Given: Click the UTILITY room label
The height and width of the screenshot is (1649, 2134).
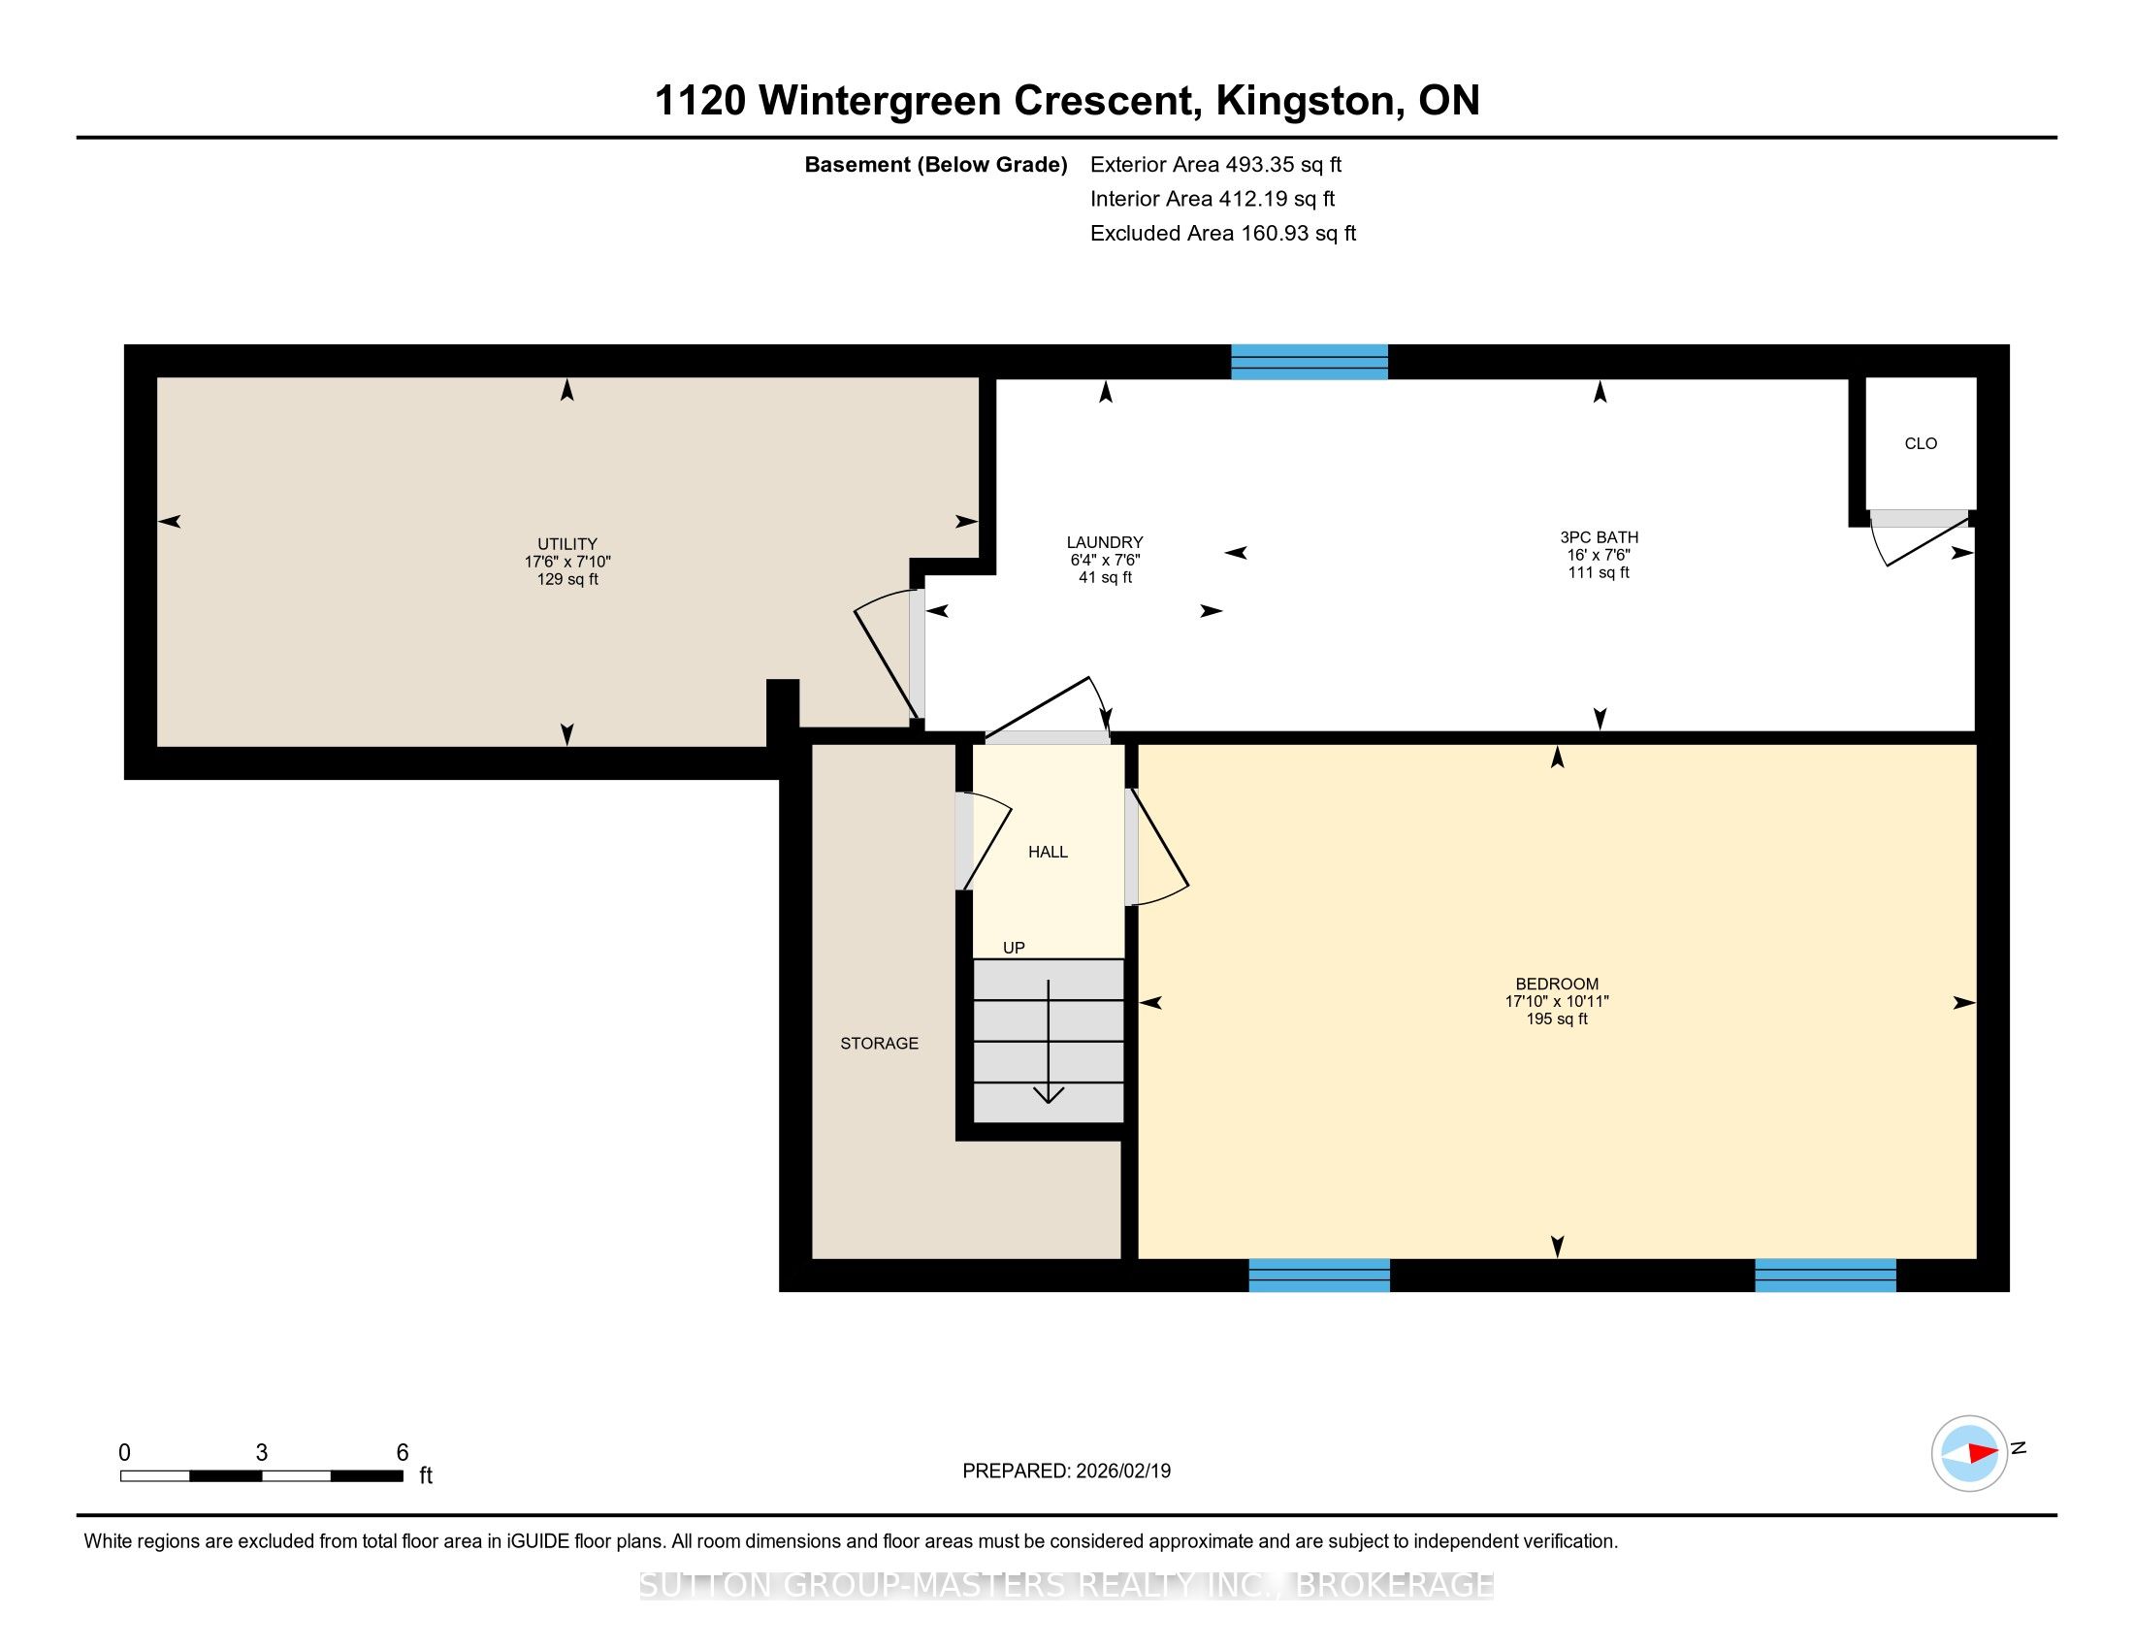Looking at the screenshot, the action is [566, 544].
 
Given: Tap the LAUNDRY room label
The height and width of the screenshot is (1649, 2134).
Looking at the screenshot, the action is [1104, 542].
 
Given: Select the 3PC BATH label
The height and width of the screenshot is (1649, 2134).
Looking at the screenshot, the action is [1599, 537].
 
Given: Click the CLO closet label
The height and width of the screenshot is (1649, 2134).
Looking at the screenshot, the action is [1920, 443].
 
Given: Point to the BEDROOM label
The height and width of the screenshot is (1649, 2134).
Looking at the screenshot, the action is [1557, 984].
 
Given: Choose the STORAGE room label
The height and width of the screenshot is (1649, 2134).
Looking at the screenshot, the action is [880, 1044].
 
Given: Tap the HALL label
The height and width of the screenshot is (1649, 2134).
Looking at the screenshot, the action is [1048, 852].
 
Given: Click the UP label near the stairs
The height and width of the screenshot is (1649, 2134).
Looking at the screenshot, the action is [1014, 948].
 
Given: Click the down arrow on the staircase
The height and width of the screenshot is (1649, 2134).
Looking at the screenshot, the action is [1049, 1042].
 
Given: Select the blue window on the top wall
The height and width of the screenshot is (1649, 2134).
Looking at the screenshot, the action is [1309, 362].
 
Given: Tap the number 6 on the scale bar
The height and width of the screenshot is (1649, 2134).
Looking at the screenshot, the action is [402, 1453].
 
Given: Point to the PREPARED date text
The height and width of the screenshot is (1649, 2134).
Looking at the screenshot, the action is [1066, 1471].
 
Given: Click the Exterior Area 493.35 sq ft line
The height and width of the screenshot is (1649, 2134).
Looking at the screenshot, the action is [1215, 165].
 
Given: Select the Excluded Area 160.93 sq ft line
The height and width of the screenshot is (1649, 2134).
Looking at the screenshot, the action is [1222, 234].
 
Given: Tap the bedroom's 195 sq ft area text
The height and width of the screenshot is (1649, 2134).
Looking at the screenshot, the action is [1557, 1018].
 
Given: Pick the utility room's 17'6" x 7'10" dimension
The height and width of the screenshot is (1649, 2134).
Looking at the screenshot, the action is [566, 562].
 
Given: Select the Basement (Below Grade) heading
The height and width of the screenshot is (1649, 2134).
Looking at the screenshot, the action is [935, 165].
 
